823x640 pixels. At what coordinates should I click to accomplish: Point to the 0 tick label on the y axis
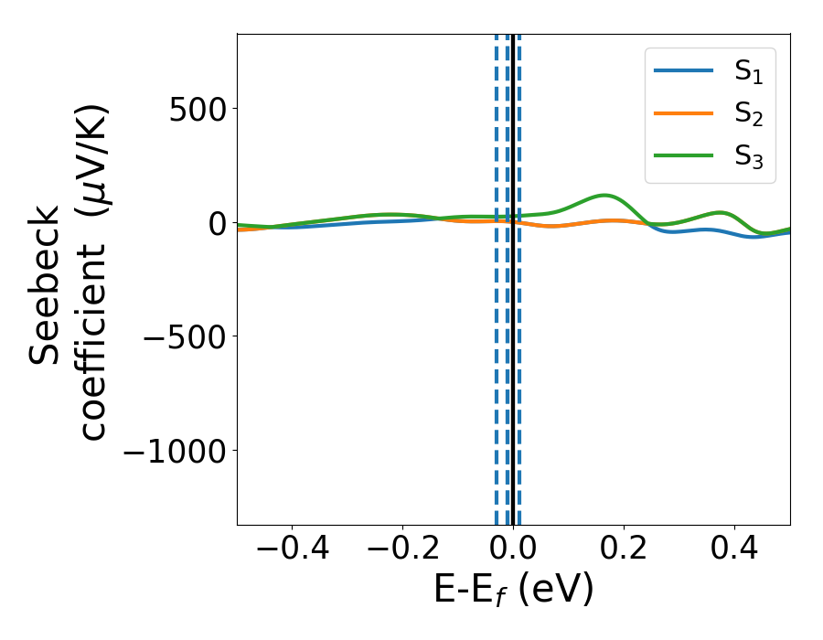tap(214, 223)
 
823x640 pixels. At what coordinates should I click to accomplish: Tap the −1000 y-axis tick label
tap(174, 451)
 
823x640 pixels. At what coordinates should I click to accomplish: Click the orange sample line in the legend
tap(684, 113)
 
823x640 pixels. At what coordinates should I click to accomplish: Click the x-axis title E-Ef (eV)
tap(513, 590)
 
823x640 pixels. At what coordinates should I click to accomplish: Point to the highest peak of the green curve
tap(605, 195)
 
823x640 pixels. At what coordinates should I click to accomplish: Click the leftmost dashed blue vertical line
tap(497, 274)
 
